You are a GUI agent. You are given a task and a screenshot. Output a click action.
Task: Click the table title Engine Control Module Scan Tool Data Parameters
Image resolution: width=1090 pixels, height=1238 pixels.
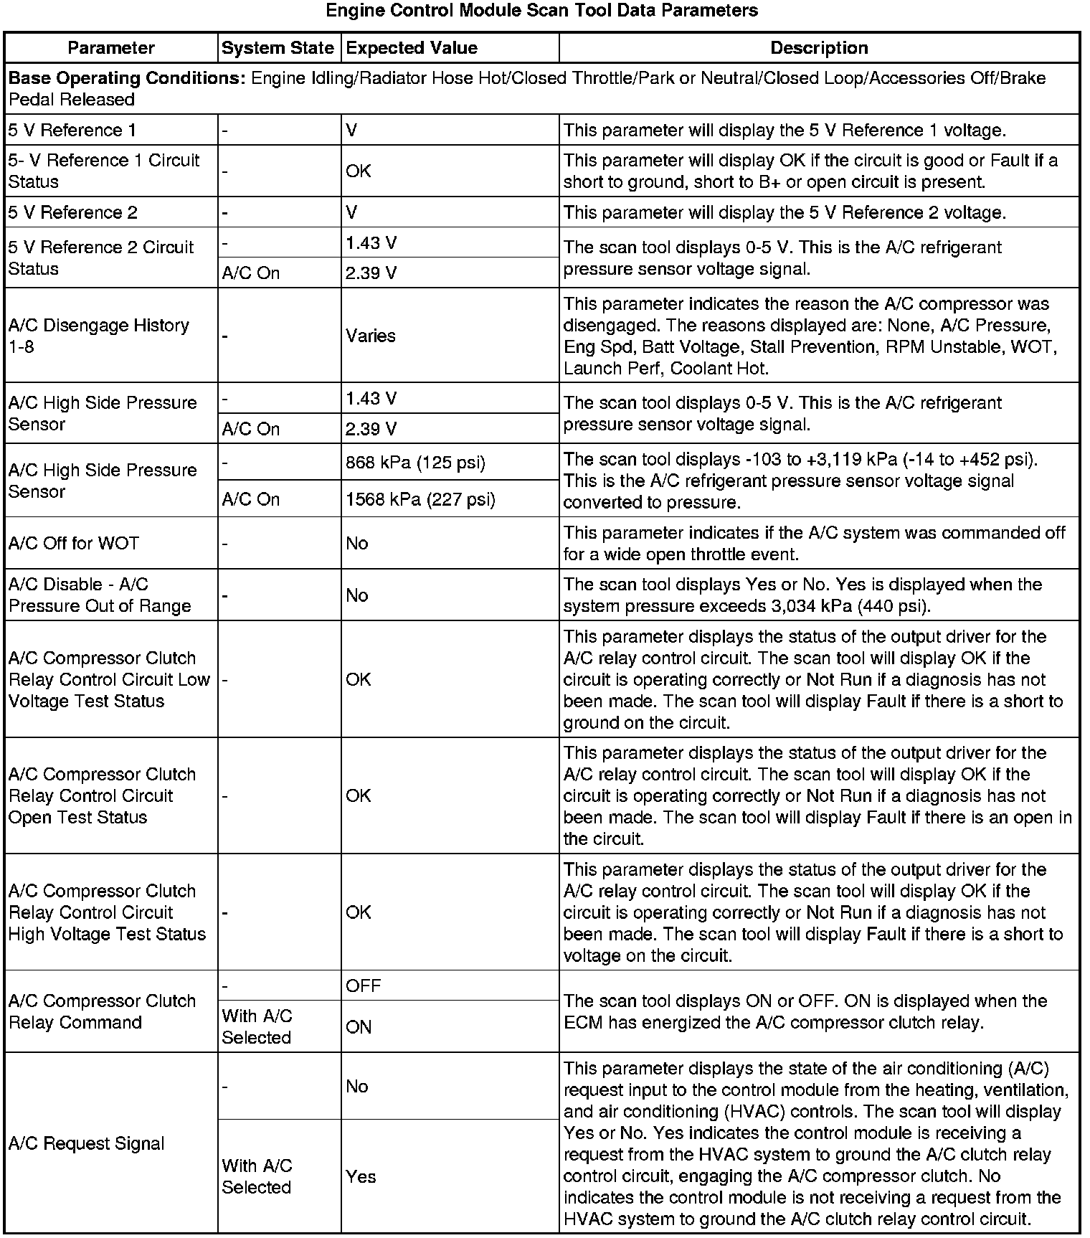click(541, 11)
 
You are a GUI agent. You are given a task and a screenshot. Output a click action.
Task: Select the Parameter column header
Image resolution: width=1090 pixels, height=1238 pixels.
click(111, 48)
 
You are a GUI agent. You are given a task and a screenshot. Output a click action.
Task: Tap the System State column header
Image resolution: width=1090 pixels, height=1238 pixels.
click(278, 48)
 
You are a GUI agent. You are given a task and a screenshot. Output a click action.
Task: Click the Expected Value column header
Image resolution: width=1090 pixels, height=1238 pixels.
click(412, 48)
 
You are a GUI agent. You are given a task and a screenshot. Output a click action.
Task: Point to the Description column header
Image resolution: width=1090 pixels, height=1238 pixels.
click(819, 48)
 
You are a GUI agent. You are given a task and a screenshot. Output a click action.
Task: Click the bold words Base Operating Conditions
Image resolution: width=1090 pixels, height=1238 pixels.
click(127, 78)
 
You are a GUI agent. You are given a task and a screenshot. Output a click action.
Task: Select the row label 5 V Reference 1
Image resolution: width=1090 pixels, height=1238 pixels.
click(72, 131)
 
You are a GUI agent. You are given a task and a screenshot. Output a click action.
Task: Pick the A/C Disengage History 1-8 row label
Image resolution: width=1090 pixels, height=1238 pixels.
click(99, 336)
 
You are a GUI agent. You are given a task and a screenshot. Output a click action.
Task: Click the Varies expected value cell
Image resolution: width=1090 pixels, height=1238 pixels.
click(371, 336)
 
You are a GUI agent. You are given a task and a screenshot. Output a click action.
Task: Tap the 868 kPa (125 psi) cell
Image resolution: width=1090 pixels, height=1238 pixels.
click(415, 463)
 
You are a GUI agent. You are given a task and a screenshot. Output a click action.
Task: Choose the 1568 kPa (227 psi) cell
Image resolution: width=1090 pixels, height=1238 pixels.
click(420, 499)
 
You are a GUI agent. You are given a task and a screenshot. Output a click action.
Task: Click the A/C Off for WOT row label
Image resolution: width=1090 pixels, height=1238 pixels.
click(74, 543)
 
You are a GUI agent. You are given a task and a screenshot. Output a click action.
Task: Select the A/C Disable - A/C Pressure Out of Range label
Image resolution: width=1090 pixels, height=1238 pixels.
click(100, 595)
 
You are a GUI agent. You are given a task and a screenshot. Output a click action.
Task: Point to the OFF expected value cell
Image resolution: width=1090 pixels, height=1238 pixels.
click(364, 986)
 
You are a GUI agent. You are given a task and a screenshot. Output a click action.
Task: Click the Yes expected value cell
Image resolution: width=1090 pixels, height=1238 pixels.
click(361, 1176)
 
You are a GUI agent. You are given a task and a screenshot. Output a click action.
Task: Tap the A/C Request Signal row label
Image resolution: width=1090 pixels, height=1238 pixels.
click(87, 1143)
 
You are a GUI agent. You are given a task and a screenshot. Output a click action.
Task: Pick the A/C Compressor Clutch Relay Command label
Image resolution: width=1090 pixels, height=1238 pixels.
click(102, 1011)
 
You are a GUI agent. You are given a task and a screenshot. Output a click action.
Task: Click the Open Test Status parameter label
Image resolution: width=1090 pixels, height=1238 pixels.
click(102, 796)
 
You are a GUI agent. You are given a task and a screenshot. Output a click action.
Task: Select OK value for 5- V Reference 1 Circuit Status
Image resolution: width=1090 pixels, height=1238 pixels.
click(359, 171)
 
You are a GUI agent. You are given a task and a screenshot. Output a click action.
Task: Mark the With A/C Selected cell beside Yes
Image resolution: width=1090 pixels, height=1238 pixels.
click(257, 1176)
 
